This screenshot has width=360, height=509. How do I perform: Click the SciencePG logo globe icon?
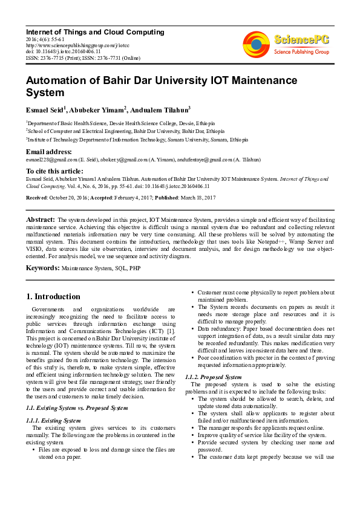tap(257, 44)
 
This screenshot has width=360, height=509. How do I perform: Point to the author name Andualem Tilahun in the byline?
tap(159, 109)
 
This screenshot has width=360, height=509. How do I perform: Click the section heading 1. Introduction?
tap(54, 297)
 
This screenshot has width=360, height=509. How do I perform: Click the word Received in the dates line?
tap(36, 197)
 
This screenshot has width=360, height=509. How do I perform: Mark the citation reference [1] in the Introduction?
tap(171, 331)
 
